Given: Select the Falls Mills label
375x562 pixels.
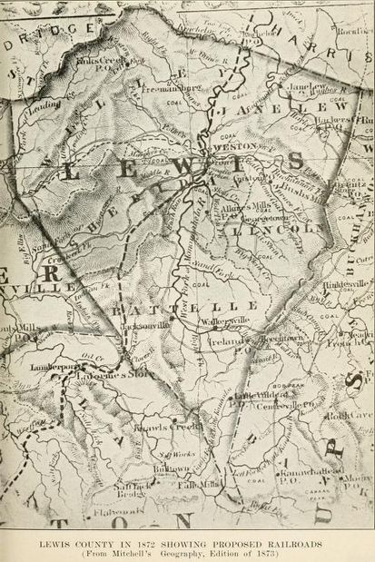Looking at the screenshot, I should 194,485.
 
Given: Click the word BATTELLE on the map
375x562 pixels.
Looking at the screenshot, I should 195,307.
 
